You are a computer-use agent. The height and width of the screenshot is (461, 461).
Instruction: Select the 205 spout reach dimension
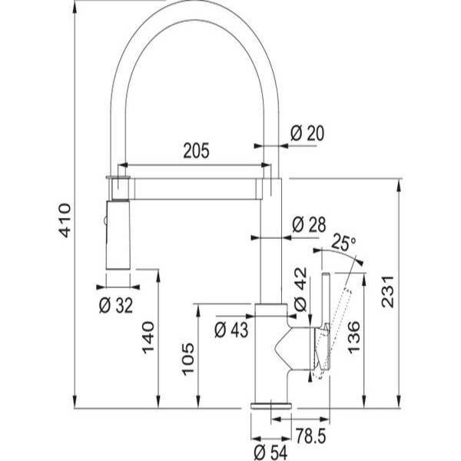pos(196,151)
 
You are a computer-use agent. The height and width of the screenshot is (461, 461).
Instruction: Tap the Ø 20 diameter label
pos(307,133)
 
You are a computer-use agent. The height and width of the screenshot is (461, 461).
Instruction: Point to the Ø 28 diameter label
pos(309,225)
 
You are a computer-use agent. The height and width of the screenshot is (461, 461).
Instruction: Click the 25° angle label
pos(343,243)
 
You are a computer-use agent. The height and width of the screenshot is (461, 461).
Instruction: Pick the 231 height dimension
pos(387,291)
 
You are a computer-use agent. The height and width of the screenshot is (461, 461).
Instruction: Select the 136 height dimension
pos(353,337)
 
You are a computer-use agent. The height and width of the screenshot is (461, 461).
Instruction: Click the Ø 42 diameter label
pos(300,290)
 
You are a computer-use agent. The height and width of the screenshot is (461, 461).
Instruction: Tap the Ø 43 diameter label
pos(231,330)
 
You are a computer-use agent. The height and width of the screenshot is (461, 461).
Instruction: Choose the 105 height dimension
pos(188,359)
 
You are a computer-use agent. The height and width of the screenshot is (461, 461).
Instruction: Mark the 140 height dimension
pos(148,337)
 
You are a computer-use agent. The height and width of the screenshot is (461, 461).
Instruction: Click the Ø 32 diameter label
pos(116,305)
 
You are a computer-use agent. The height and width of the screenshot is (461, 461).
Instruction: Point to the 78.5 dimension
pos(310,436)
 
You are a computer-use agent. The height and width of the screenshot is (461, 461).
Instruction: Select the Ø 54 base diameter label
pos(270,452)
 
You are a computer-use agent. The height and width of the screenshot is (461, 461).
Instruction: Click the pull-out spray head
pos(118,234)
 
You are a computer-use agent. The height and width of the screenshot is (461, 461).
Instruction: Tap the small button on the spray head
pos(104,221)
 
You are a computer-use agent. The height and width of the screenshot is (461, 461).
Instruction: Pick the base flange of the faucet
pos(271,406)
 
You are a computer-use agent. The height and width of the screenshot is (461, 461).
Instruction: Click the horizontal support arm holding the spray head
pos(195,189)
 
